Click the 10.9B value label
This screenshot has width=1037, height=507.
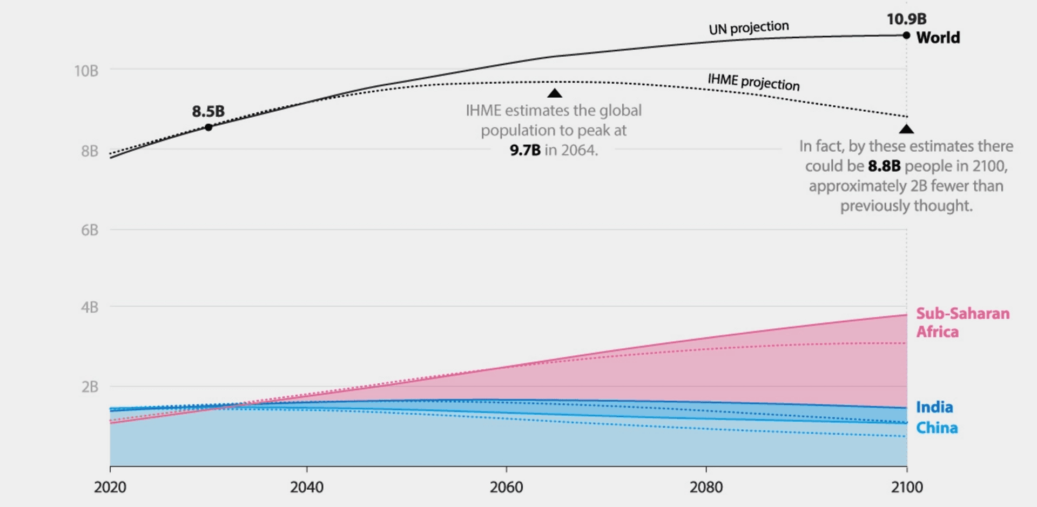click(906, 19)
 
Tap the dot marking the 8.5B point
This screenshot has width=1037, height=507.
click(208, 127)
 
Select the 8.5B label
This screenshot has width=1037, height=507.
click(208, 111)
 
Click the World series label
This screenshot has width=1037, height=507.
click(938, 37)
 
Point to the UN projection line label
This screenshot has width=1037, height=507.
click(749, 28)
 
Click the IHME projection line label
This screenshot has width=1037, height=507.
click(753, 82)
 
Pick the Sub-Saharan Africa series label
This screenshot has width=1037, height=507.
click(962, 322)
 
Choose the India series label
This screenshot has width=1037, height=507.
click(934, 407)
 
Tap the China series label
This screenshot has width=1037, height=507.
click(937, 428)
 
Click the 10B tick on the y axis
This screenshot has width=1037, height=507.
click(86, 71)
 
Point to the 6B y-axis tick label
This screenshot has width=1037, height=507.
click(90, 230)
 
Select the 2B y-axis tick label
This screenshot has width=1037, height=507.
click(90, 387)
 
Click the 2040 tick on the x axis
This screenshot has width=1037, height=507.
click(307, 487)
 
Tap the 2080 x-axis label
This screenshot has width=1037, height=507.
click(706, 487)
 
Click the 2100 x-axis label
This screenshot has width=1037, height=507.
click(907, 487)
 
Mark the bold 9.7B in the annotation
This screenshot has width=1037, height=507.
click(525, 150)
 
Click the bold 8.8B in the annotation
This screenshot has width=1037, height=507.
click(884, 166)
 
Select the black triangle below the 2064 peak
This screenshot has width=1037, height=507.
click(555, 93)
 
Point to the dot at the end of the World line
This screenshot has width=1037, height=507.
click(906, 36)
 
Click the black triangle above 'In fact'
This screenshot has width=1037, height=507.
click(906, 129)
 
